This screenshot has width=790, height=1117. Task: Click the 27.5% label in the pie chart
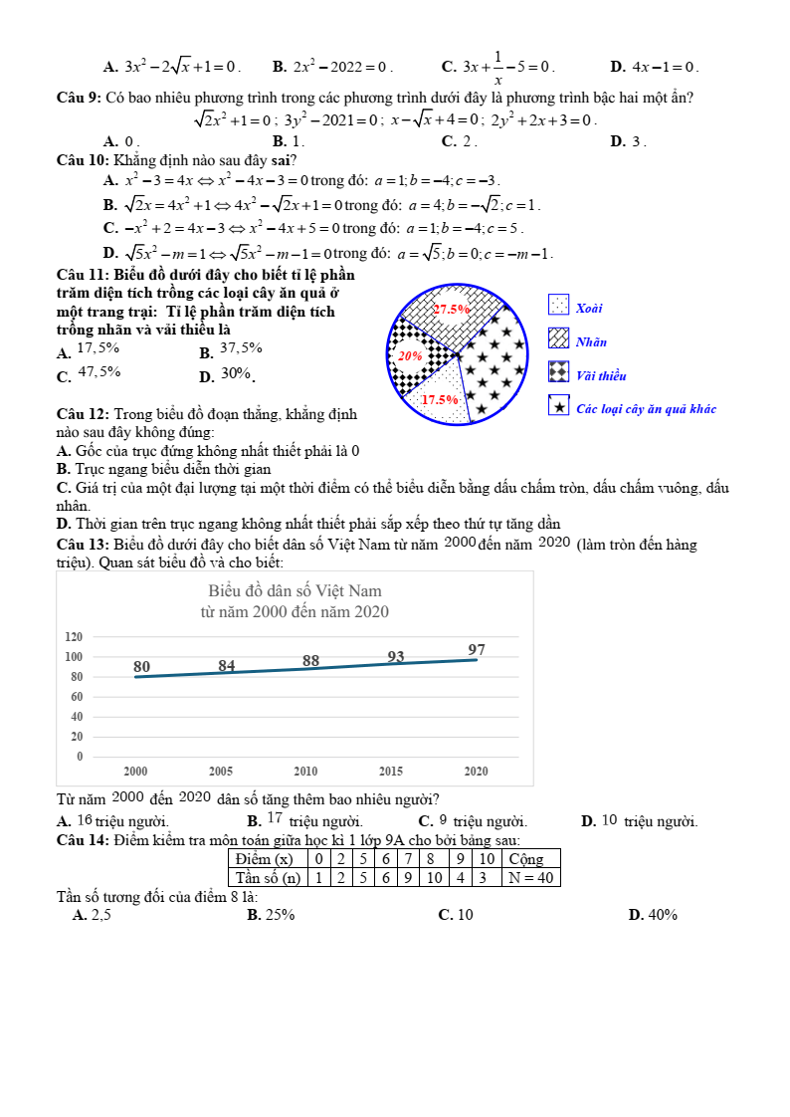(451, 309)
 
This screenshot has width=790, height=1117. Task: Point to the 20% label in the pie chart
(410, 355)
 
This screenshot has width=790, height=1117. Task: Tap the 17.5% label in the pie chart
(439, 399)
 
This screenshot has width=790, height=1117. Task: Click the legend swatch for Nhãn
(559, 338)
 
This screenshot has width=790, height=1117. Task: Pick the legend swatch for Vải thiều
(559, 371)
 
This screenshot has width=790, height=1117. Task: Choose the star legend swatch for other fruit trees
(559, 405)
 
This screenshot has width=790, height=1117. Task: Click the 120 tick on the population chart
(73, 636)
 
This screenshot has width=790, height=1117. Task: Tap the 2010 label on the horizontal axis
(305, 772)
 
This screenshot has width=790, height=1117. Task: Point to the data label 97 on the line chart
(477, 650)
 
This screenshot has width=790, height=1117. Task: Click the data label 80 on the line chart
(142, 666)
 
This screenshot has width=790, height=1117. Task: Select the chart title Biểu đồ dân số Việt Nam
(295, 591)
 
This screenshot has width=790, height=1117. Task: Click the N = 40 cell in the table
(530, 877)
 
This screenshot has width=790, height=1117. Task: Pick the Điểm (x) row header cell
(264, 858)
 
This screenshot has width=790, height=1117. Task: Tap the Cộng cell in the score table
(525, 858)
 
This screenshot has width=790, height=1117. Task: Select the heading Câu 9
(80, 98)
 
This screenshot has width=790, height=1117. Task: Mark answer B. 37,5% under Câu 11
(231, 349)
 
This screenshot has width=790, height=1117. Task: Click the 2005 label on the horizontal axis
(221, 772)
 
